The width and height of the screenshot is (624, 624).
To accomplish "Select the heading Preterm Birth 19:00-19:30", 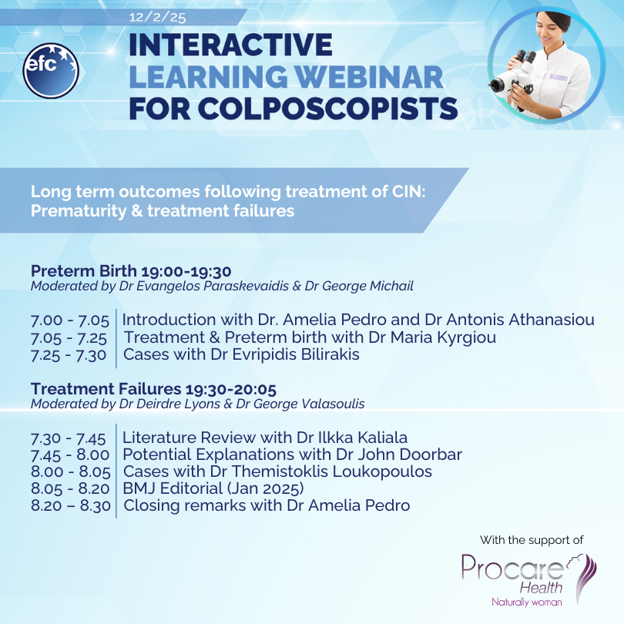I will tap(131, 271).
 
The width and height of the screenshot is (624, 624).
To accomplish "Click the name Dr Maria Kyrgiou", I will tap(433, 337).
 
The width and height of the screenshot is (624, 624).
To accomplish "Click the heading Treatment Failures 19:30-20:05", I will tap(153, 389).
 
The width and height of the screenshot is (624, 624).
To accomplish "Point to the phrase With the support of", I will tap(532, 539).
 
